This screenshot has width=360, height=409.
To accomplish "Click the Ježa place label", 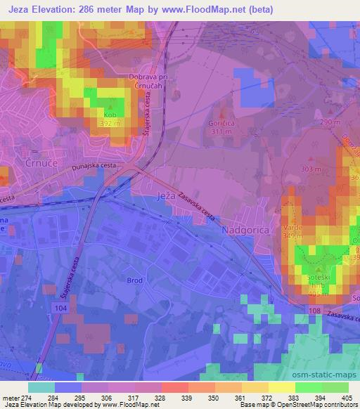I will point(166,195).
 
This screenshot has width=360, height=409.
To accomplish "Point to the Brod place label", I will point(135,280).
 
